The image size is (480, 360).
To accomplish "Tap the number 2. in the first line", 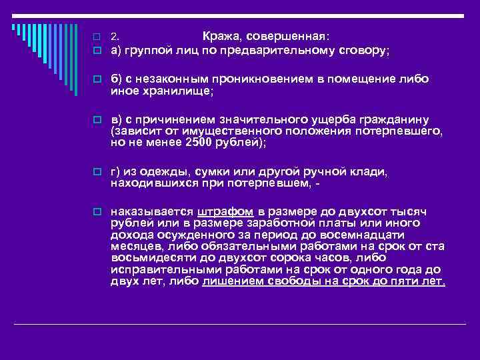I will [115, 36].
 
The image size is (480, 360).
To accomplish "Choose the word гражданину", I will [391, 119].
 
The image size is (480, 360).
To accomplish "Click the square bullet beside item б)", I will [97, 79].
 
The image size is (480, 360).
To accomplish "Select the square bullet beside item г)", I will [97, 171].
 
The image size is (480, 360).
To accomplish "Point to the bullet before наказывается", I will [97, 212].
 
